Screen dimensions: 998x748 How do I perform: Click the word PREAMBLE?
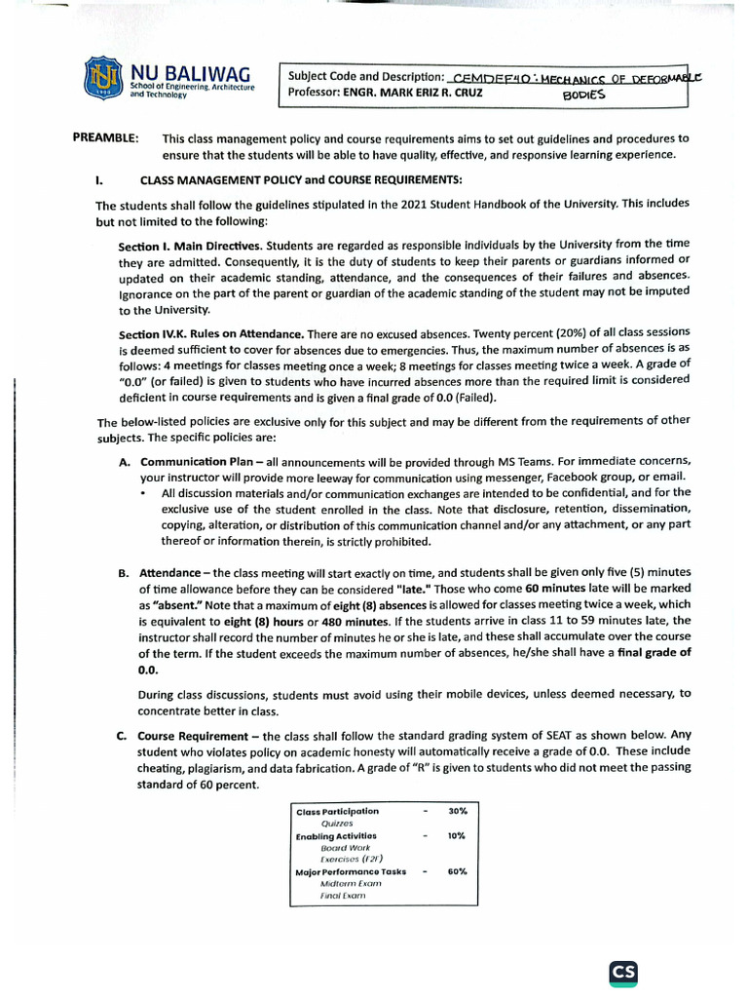(x=105, y=138)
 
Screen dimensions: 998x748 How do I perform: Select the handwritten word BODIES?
(x=584, y=96)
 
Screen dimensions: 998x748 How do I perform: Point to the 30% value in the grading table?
(x=458, y=811)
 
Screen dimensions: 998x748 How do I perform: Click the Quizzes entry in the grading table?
(x=336, y=823)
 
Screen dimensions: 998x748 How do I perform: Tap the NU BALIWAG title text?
(x=190, y=73)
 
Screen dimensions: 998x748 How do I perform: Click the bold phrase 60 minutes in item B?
(x=551, y=589)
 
